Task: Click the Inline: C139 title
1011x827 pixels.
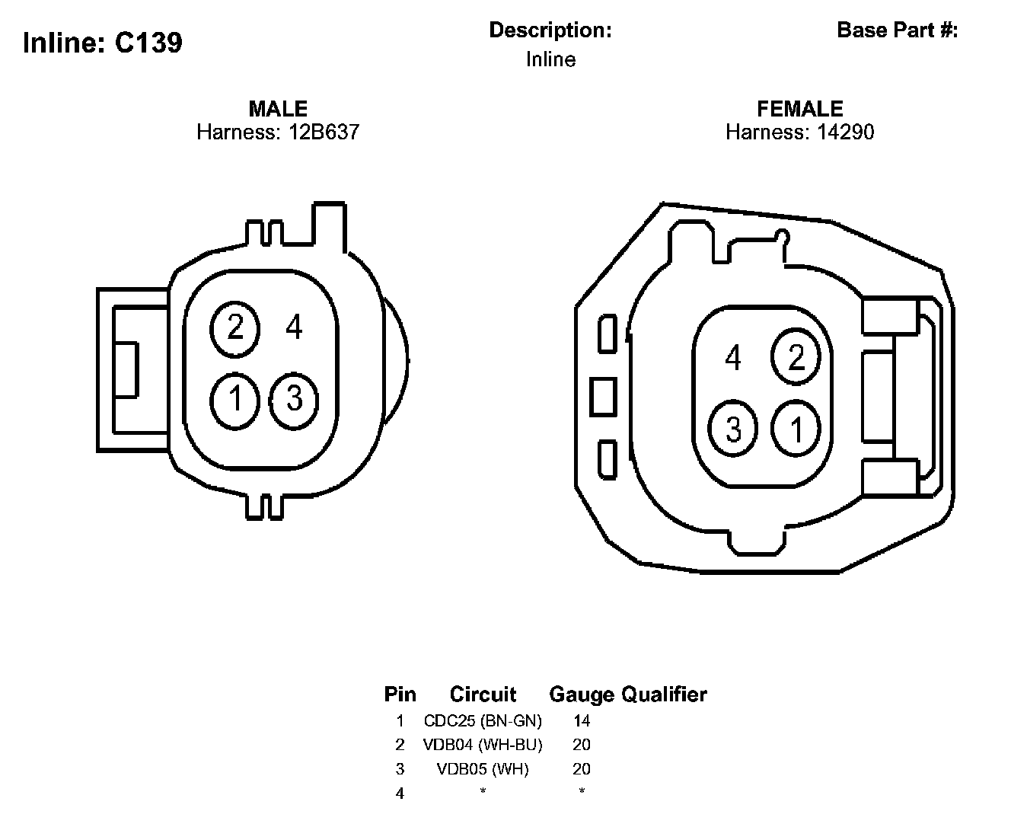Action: [103, 42]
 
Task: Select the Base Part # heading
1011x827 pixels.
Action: [897, 30]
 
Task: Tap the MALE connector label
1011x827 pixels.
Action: [278, 109]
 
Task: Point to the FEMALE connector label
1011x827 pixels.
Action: [799, 109]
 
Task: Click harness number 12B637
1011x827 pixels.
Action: [324, 132]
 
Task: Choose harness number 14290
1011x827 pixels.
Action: [845, 132]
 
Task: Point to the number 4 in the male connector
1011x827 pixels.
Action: [294, 327]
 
